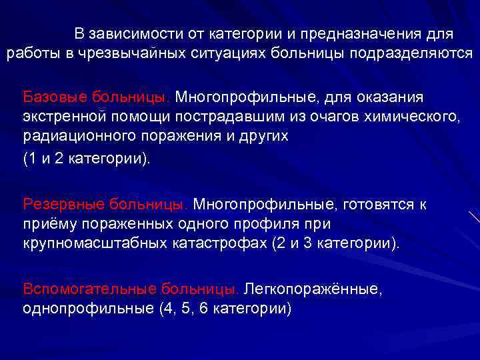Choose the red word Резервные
(61, 203)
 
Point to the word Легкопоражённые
(313, 289)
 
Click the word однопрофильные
(76, 309)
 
